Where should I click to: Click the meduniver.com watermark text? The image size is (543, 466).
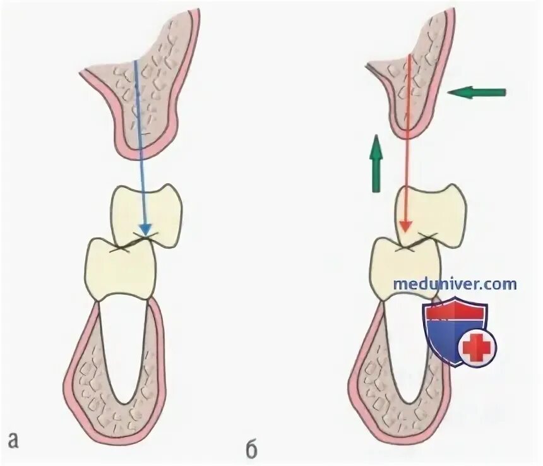[x=455, y=284]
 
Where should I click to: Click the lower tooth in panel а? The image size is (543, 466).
[x=120, y=268]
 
